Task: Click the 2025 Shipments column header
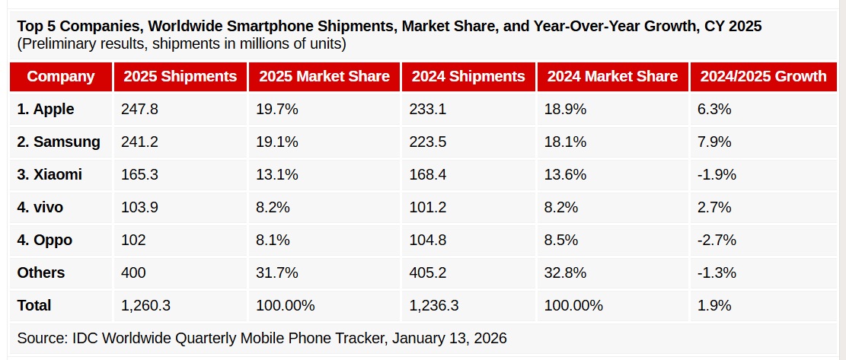point(180,76)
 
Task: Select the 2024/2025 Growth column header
point(763,76)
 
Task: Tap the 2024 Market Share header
point(612,76)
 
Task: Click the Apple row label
point(46,110)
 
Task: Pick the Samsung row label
point(58,142)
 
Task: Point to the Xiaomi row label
point(49,175)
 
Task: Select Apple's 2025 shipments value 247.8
point(139,110)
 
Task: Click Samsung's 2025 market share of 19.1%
point(278,142)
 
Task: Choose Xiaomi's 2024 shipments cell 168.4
point(427,175)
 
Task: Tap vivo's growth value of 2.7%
point(714,208)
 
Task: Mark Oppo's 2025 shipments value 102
point(133,241)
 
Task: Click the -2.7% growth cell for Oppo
point(717,241)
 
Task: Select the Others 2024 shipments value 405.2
point(427,273)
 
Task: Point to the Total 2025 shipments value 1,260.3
point(145,306)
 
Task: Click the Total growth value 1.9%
point(714,306)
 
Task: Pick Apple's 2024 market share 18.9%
point(565,110)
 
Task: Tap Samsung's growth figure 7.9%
point(714,142)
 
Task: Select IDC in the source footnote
point(88,338)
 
